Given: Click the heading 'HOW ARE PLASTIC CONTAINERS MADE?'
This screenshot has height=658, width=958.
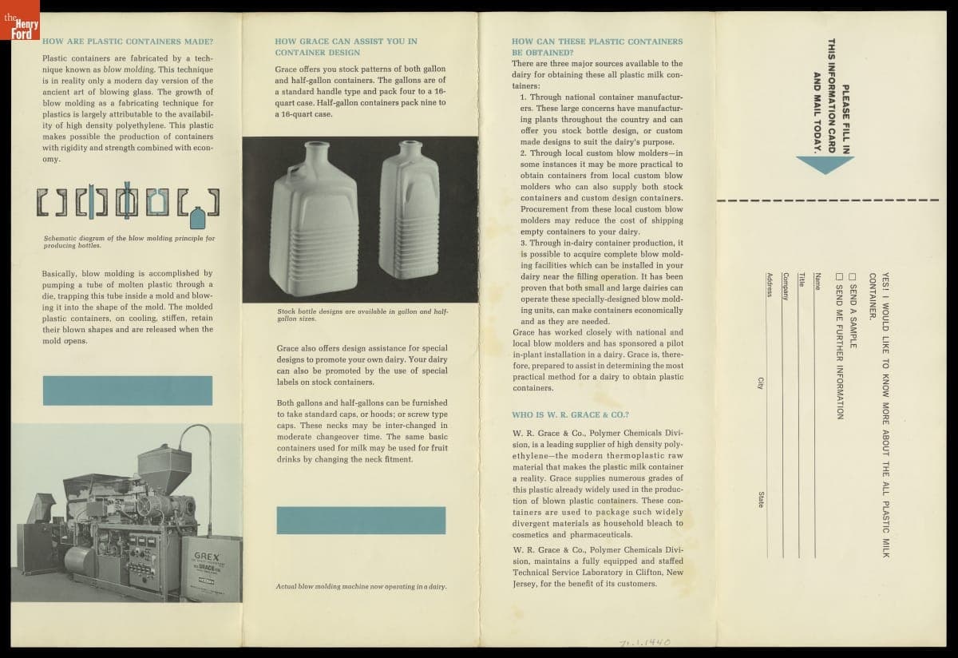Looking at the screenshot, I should (128, 41).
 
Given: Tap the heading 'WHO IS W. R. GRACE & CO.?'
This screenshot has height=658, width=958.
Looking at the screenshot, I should (570, 415).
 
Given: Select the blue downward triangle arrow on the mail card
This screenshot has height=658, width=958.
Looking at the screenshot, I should (825, 164).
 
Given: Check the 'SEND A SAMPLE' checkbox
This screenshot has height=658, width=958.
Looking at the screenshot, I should (853, 276).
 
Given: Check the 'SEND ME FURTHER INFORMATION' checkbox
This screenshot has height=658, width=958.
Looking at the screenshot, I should (839, 276).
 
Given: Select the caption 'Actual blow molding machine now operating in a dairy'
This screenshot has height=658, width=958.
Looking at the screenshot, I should (361, 587).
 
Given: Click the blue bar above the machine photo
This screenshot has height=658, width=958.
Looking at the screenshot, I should (127, 390).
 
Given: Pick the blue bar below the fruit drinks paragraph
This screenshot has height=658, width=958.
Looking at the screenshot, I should (361, 520).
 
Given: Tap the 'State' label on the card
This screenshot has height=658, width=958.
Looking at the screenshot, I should (760, 499).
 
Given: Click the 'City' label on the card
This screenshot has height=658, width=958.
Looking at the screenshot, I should (760, 383).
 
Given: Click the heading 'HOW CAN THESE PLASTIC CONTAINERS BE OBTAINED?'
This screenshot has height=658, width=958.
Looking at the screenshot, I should (596, 46).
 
